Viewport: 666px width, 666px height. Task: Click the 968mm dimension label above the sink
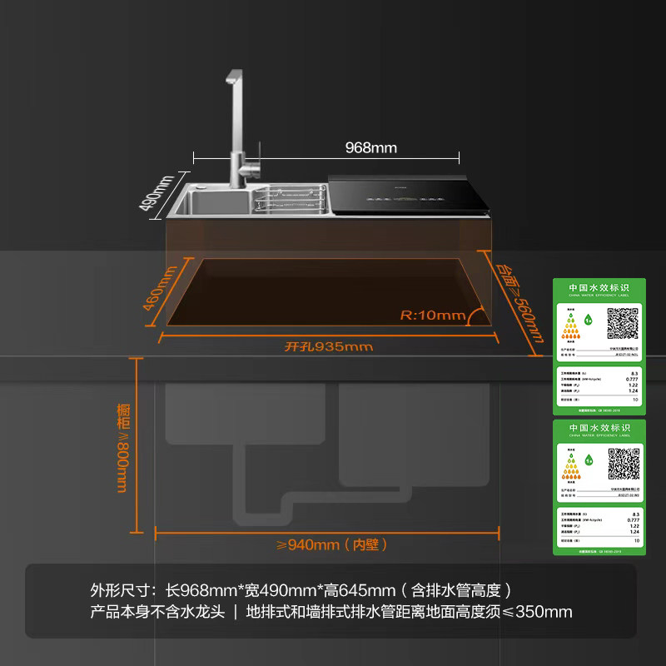pos(371,148)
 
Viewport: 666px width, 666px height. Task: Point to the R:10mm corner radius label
pos(432,316)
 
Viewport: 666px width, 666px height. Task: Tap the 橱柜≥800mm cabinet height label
pos(124,448)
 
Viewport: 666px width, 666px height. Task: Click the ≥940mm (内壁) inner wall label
pos(332,544)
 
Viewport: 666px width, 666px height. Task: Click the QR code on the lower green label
pos(624,464)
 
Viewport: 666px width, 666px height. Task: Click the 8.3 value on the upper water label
pos(634,373)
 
